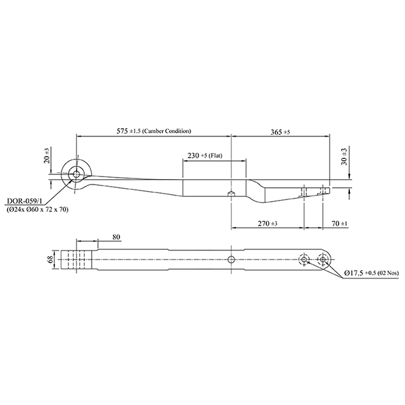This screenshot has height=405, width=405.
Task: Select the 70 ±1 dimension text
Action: click(340, 223)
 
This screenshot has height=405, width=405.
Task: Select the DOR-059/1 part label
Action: click(23, 201)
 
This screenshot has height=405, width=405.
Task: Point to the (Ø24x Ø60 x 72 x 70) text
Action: click(38, 209)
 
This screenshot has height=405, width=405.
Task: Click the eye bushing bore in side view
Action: click(77, 175)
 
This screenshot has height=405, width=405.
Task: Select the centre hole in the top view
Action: click(232, 259)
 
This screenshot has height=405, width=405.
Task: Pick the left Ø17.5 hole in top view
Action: click(304, 259)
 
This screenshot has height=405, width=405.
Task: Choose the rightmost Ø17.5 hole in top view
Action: click(324, 259)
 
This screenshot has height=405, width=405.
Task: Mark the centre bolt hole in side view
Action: click(232, 193)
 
